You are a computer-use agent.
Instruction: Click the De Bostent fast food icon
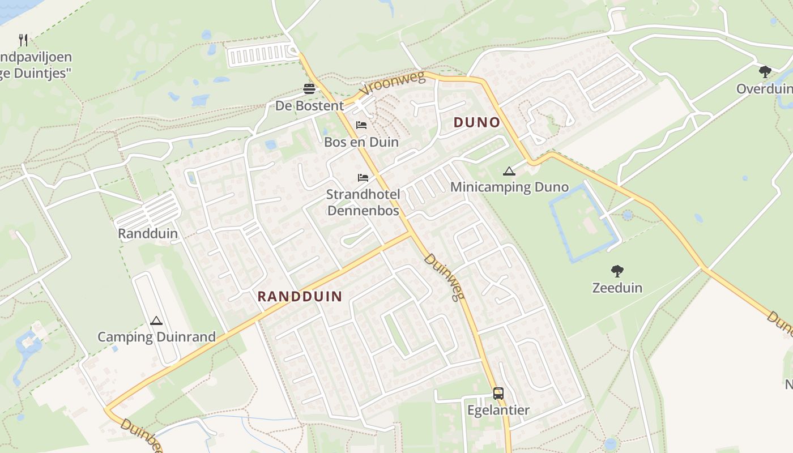pos(309,89)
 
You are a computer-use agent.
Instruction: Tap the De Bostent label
pos(309,106)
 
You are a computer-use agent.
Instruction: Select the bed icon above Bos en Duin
pos(361,125)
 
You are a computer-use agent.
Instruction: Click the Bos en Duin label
pos(361,142)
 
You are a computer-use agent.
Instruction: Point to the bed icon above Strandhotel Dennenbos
pos(363,178)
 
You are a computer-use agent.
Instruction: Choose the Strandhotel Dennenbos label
pos(363,203)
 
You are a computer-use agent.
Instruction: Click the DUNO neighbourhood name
pos(477,122)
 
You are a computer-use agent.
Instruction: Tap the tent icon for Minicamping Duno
pos(509,171)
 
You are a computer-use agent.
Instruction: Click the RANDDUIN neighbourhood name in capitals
pos(300,296)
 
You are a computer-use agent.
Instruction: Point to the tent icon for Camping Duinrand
pos(156,321)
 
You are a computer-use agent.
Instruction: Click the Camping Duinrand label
pos(156,337)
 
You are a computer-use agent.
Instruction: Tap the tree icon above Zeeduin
pos(617,271)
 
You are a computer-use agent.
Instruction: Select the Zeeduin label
pos(617,288)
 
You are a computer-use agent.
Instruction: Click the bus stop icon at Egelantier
pos(498,393)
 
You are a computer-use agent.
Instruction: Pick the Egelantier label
pos(498,410)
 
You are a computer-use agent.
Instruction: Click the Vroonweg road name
pos(392,85)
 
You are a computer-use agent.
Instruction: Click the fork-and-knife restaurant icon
pos(23,40)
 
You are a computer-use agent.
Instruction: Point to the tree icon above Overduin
pos(765,72)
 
